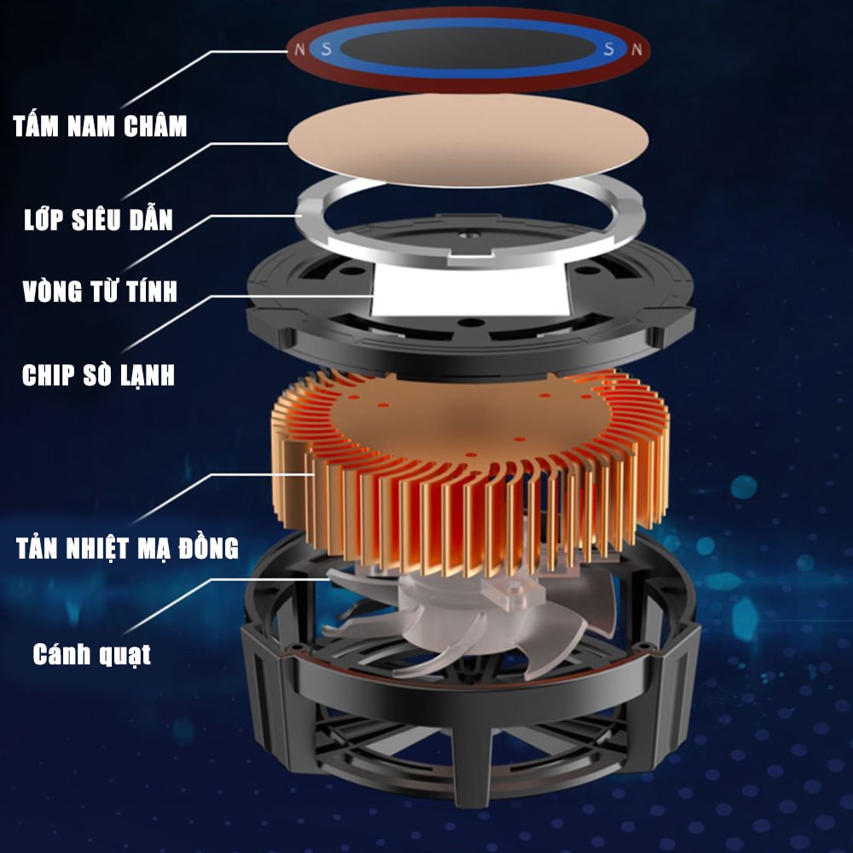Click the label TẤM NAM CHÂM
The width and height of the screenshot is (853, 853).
point(100,125)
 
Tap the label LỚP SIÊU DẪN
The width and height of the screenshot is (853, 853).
point(98,218)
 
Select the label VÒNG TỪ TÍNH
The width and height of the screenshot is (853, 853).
point(100,290)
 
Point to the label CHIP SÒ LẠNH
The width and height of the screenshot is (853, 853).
point(98,374)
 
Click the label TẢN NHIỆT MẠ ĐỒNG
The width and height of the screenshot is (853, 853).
point(127,547)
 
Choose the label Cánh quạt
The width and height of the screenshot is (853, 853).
point(92,654)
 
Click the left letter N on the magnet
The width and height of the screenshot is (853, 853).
point(299,49)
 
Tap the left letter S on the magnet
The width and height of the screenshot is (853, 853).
point(327,49)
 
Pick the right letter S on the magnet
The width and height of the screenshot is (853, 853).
point(609,49)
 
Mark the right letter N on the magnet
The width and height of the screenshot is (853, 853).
point(636,49)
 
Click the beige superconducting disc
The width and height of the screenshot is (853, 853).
point(467,139)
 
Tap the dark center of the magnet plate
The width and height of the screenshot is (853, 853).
point(467,48)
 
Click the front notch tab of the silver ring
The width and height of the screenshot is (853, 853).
point(469,258)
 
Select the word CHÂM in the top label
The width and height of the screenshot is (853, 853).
point(155,125)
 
